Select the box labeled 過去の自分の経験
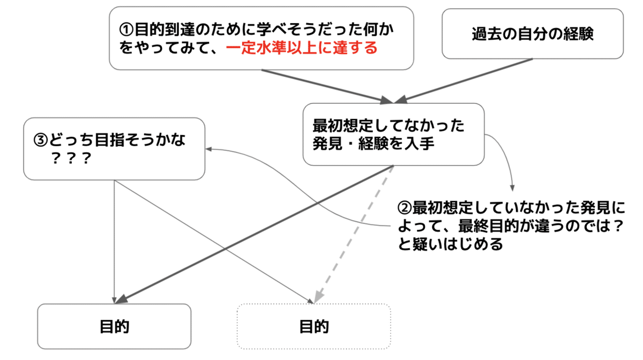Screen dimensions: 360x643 click(x=532, y=33)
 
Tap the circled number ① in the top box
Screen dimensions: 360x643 click(x=125, y=29)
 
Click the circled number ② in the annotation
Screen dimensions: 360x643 click(x=405, y=207)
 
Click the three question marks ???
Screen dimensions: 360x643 click(x=70, y=159)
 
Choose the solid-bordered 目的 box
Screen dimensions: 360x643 click(x=114, y=326)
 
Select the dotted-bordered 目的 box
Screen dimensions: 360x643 click(x=314, y=326)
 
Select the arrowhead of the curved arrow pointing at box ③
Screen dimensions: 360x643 click(x=210, y=149)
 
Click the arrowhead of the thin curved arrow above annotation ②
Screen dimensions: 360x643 click(x=512, y=187)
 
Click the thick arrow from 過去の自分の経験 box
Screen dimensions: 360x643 click(x=466, y=79)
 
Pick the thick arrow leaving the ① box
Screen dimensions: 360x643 click(x=322, y=85)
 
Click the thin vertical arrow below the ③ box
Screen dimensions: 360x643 click(x=115, y=241)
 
